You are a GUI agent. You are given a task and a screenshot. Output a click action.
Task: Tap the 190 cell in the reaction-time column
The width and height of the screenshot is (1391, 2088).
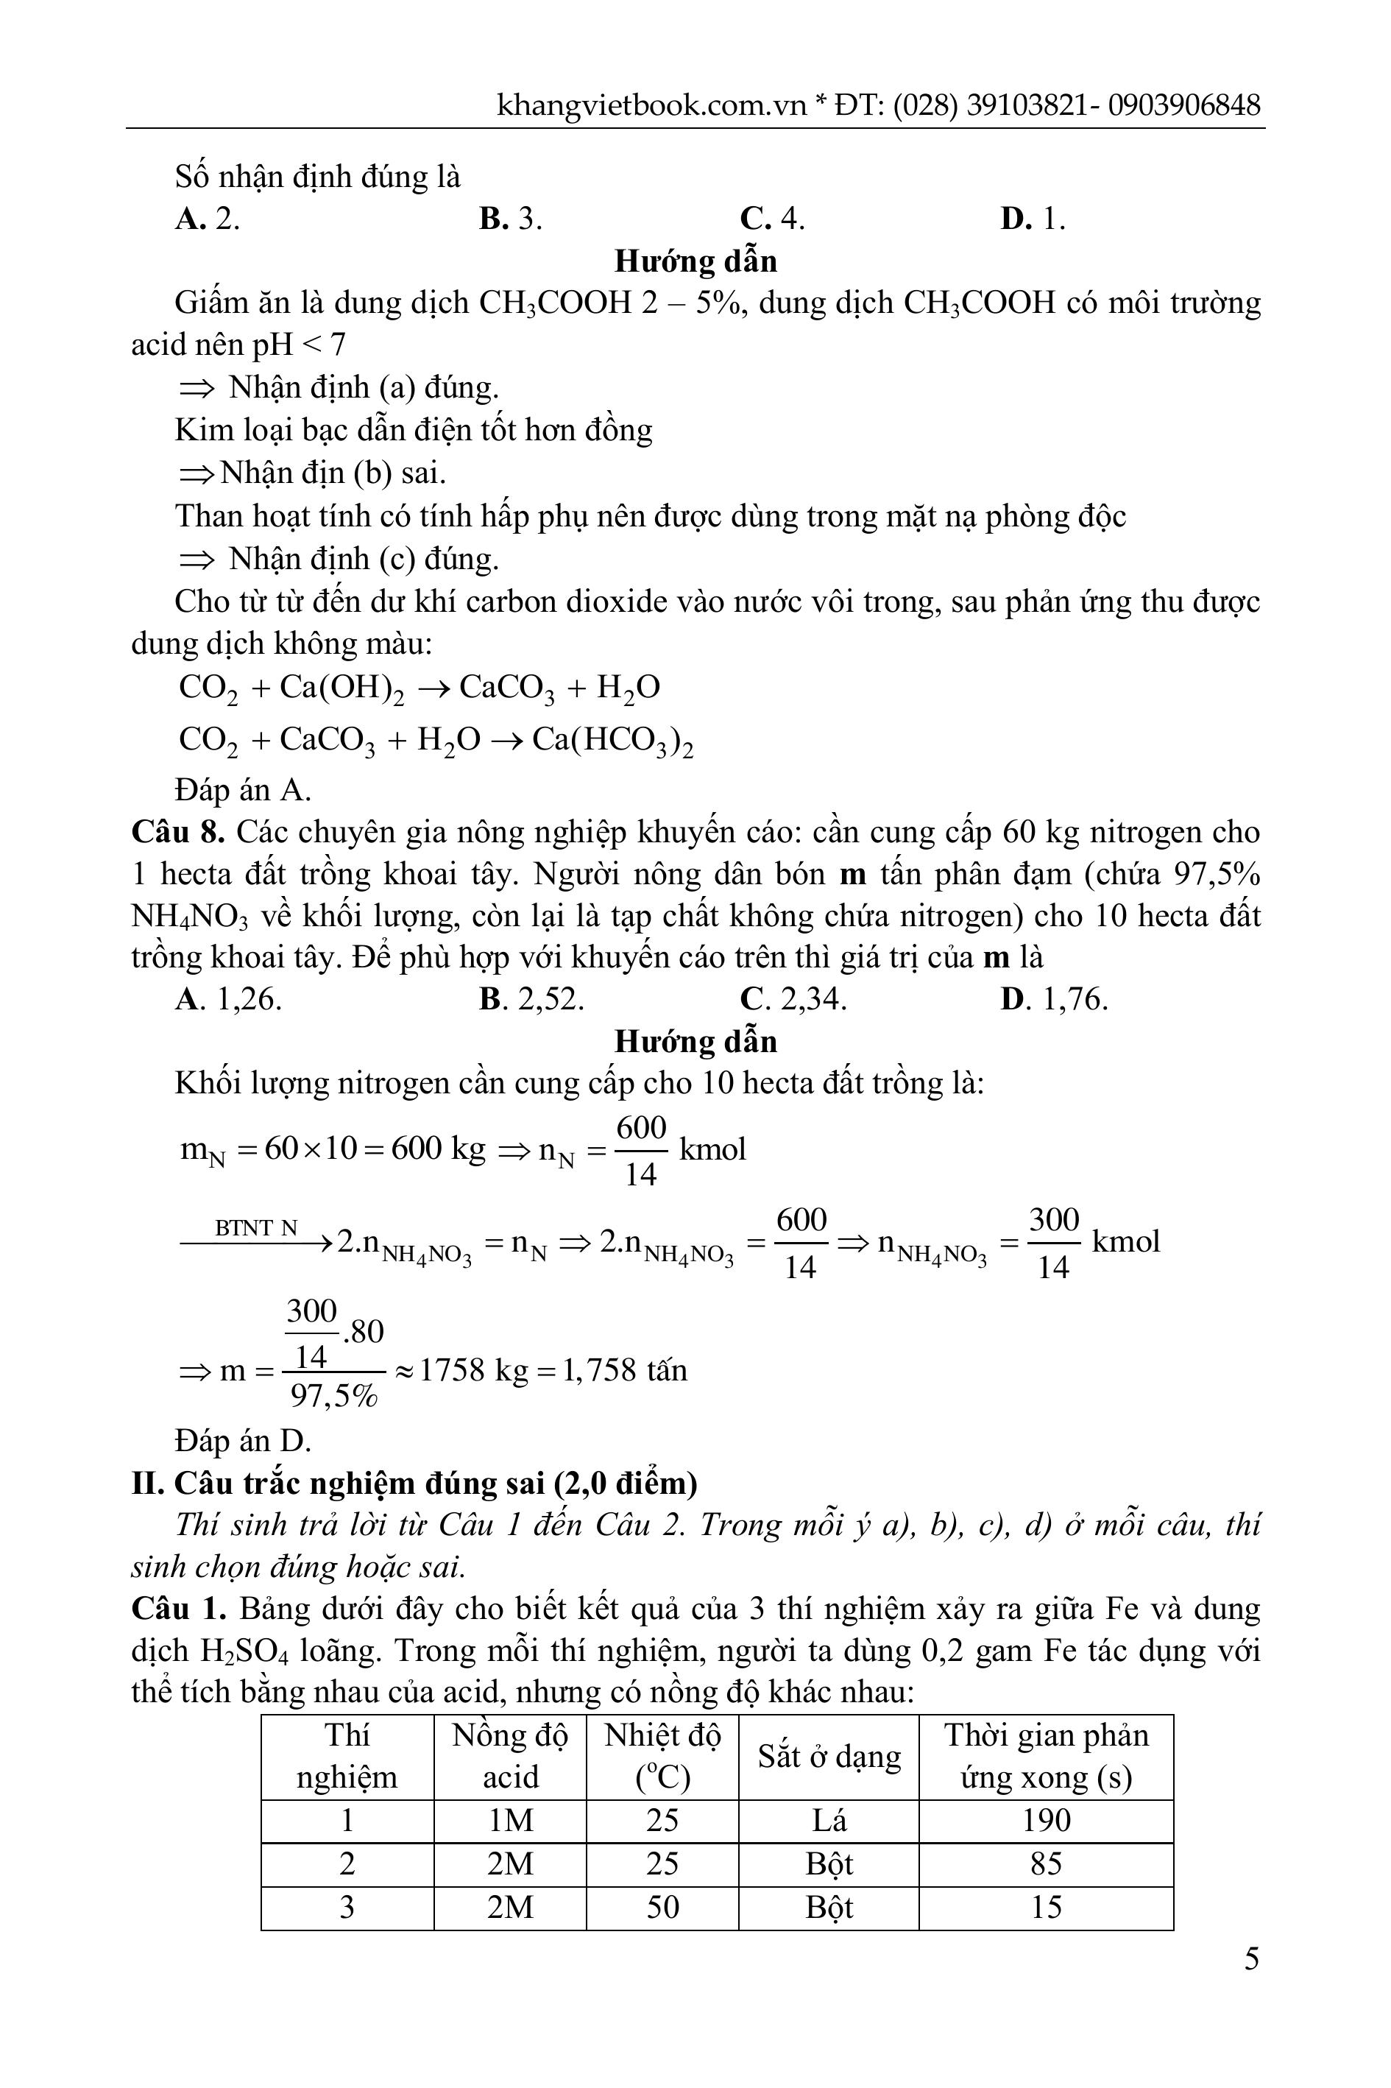click(x=1046, y=1821)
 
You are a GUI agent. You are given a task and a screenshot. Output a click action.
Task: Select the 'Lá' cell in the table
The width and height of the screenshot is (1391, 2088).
click(x=829, y=1821)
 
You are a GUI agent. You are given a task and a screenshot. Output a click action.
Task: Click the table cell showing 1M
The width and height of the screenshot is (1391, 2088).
click(x=510, y=1821)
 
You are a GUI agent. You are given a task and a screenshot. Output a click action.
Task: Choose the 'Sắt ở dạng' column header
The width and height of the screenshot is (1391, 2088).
click(x=829, y=1756)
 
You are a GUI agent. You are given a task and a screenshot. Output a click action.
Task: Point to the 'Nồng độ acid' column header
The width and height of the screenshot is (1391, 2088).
click(x=510, y=1756)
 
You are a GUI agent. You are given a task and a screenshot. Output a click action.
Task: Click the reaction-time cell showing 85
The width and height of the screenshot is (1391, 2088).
click(x=1046, y=1863)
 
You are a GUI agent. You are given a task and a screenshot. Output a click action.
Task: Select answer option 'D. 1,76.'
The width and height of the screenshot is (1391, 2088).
click(x=1054, y=999)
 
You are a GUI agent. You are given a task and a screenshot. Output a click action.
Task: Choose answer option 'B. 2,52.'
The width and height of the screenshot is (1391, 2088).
click(x=531, y=999)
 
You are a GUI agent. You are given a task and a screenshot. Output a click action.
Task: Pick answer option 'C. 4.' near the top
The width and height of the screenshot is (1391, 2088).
click(x=772, y=218)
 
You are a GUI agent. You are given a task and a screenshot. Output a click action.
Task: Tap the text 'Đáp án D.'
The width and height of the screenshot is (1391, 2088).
click(x=243, y=1440)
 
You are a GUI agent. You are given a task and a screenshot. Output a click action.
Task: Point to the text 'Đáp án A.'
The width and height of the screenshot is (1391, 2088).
click(x=243, y=789)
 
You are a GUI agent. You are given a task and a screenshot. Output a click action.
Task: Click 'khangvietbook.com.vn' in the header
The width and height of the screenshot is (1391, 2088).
click(x=651, y=105)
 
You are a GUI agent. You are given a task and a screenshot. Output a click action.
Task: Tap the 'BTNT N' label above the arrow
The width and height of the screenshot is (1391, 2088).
click(x=255, y=1228)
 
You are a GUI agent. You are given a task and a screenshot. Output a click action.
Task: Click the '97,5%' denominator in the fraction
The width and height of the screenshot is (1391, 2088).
click(x=333, y=1397)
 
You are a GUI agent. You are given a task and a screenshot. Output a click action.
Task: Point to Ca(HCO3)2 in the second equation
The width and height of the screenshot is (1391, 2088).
click(x=612, y=741)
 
